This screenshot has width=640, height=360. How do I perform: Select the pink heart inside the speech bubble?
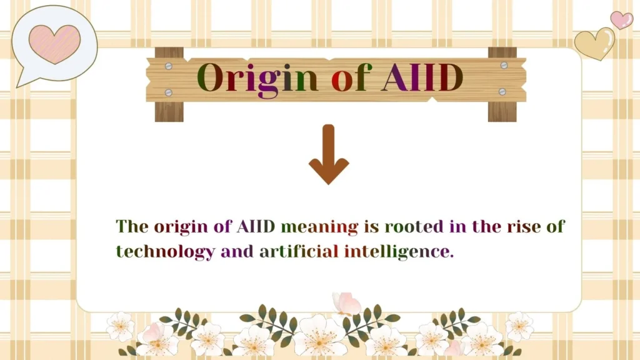point(54,44)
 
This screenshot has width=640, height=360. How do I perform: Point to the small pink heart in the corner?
point(621,20)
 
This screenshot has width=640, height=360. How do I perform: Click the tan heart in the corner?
point(594,44)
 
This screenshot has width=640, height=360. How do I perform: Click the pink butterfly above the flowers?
point(346,303)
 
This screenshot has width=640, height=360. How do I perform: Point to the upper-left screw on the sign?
point(169,65)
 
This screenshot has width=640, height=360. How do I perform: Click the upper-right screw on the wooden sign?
point(504,65)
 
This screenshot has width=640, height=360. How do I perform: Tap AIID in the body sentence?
point(256,227)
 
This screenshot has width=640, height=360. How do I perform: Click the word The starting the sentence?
point(132,227)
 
